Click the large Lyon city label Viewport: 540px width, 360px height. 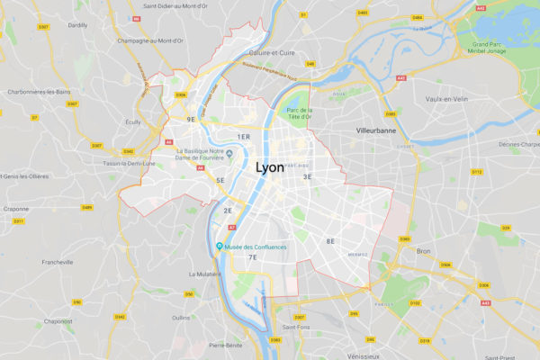click(274, 167)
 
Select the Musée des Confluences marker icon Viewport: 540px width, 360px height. click(219, 247)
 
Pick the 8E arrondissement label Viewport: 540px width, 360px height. click(330, 240)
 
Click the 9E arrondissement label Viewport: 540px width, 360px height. click(191, 119)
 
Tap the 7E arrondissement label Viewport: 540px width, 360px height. click(253, 258)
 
